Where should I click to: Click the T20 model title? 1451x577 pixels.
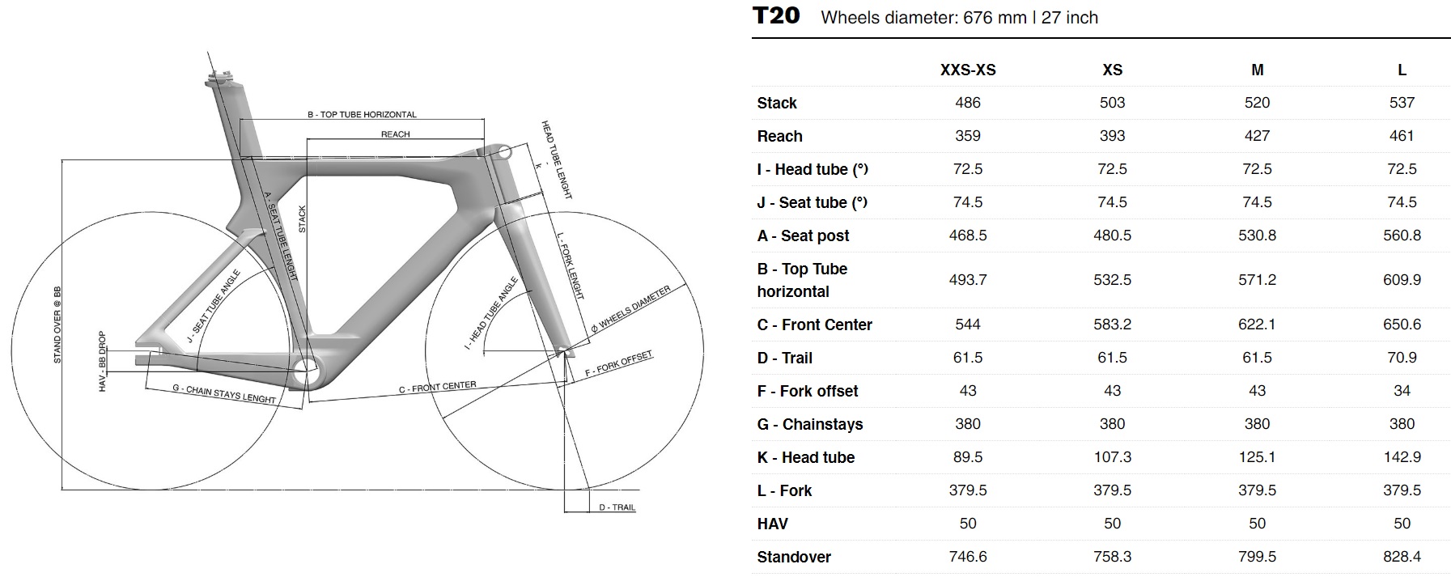tap(776, 16)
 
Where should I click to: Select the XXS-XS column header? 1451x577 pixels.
tap(968, 70)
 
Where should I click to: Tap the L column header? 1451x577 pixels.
tap(1402, 70)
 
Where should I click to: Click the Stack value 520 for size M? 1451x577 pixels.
tap(1257, 103)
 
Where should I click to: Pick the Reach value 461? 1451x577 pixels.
tap(1402, 136)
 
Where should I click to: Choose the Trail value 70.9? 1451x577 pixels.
tap(1402, 358)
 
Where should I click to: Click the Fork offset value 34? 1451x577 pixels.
tap(1402, 391)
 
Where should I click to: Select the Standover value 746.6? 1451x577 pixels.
tap(968, 557)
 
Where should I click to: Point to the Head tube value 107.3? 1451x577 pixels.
tap(1112, 457)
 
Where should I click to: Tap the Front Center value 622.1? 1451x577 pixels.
tap(1257, 325)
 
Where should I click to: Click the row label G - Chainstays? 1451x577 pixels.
tap(809, 424)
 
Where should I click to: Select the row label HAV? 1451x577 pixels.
tap(772, 524)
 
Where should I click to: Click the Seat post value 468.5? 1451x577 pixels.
tap(968, 235)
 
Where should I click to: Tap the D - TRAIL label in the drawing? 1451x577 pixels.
tap(617, 507)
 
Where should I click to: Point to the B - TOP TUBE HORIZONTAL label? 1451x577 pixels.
tap(362, 115)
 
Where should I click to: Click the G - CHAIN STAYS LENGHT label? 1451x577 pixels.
tap(224, 393)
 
